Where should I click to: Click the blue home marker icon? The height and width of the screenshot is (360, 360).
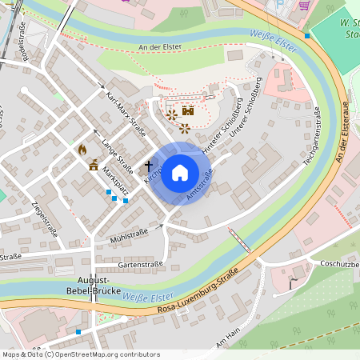point(180,173)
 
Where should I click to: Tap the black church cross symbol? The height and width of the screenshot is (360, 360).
point(148,166)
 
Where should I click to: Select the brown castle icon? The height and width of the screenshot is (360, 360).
point(189,111)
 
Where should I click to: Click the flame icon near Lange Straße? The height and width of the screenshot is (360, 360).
point(82,150)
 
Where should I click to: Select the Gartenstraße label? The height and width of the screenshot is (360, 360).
point(140,263)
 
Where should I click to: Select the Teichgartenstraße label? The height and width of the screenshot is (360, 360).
point(312,137)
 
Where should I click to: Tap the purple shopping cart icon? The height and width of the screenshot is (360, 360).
point(304,4)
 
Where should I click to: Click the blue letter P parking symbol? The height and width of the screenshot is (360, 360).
point(278,3)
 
